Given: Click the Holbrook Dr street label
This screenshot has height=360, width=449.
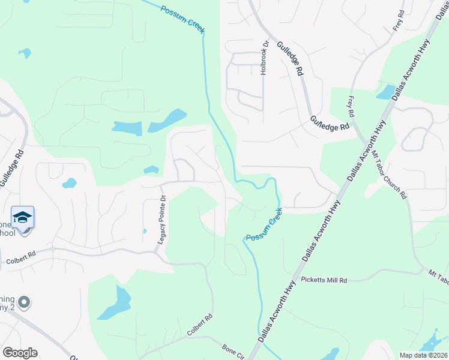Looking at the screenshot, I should [x=263, y=58].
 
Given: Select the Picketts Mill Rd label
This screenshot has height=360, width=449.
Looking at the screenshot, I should [x=324, y=280].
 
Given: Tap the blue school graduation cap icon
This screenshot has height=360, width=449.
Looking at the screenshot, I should [x=22, y=217].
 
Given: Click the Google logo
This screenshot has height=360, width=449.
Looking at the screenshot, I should [x=20, y=353].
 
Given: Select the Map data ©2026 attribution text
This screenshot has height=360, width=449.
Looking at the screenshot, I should [x=423, y=355].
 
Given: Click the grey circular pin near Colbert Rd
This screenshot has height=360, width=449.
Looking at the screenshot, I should [x=23, y=301].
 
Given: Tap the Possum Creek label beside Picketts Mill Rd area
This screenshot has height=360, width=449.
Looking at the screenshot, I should [x=264, y=225].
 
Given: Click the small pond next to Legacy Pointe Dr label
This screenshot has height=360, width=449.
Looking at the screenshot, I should [x=145, y=231].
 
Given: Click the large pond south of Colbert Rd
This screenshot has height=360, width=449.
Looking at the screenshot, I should [x=117, y=303].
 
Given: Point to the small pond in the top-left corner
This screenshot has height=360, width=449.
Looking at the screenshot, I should [x=25, y=53].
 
